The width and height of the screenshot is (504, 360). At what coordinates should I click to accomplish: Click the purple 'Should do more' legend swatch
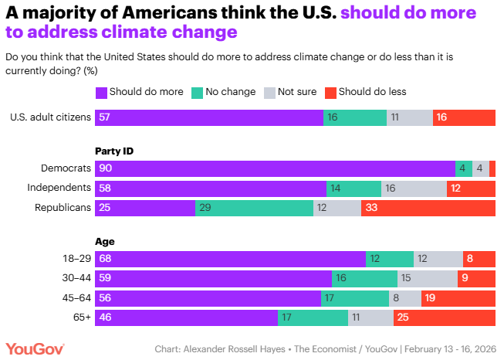pyautogui.click(x=101, y=92)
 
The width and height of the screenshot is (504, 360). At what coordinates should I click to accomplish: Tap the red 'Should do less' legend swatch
pyautogui.click(x=330, y=92)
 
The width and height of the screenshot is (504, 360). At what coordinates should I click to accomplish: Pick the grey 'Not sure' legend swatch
pyautogui.click(x=269, y=92)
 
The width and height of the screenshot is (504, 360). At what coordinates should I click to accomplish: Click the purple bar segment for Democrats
pyautogui.click(x=275, y=168)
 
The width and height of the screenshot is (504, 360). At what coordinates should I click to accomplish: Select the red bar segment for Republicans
pyautogui.click(x=428, y=207)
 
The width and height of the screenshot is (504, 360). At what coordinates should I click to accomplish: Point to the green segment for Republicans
pyautogui.click(x=254, y=207)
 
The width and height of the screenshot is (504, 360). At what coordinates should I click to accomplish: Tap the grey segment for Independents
pyautogui.click(x=414, y=188)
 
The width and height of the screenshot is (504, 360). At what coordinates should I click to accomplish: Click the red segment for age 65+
pyautogui.click(x=445, y=317)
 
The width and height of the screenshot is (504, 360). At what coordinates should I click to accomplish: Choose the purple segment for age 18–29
pyautogui.click(x=230, y=258)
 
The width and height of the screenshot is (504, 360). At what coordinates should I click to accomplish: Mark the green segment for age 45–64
pyautogui.click(x=354, y=297)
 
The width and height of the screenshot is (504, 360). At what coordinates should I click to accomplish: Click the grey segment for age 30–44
pyautogui.click(x=428, y=277)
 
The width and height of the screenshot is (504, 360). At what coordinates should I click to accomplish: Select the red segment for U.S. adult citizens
pyautogui.click(x=464, y=117)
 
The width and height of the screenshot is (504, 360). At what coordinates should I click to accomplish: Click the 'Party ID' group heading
pyautogui.click(x=113, y=151)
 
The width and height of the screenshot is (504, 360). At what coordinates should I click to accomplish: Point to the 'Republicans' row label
pyautogui.click(x=63, y=207)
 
